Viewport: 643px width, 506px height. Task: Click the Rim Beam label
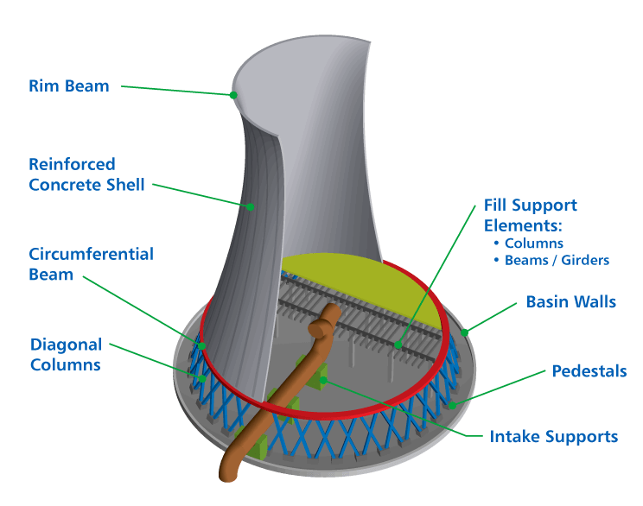click(x=68, y=85)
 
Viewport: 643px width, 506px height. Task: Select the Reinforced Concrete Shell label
click(x=86, y=174)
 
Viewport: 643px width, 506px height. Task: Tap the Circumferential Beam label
click(x=91, y=264)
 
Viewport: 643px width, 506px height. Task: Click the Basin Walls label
click(x=572, y=302)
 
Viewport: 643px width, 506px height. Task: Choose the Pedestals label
click(x=589, y=371)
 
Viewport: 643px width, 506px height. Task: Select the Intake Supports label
click(x=553, y=436)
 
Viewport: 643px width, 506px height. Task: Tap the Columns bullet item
click(x=533, y=244)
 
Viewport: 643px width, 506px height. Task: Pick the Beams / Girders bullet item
click(x=557, y=259)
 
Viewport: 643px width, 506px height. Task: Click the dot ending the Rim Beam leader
click(x=233, y=95)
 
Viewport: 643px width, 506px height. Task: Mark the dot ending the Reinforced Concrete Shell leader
click(x=250, y=206)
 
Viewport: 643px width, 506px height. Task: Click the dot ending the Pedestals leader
click(x=450, y=402)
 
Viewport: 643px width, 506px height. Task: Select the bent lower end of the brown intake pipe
click(x=226, y=467)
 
